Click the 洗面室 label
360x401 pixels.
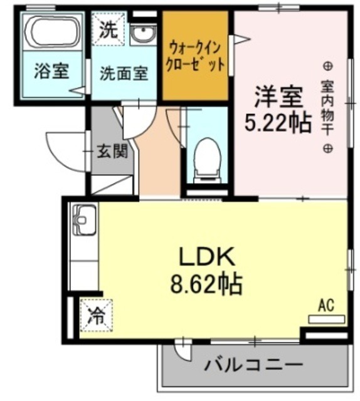click(124, 73)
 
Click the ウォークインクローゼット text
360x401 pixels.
click(196, 56)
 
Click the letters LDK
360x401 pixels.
click(206, 257)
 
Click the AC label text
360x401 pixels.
click(326, 305)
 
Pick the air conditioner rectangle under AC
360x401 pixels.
click(326, 319)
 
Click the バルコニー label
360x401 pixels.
click(254, 366)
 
